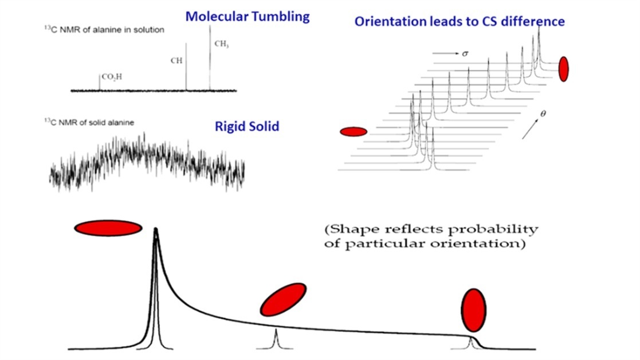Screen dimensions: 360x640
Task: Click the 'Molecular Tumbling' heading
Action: point(247,16)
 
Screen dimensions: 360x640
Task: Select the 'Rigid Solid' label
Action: point(247,126)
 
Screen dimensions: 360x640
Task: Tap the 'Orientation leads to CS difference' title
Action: point(460,22)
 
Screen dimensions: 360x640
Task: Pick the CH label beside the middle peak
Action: point(176,60)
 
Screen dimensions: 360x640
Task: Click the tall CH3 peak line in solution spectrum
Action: point(210,63)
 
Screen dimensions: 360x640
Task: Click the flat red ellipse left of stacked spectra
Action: point(353,132)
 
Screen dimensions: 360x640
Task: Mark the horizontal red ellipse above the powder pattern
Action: point(108,228)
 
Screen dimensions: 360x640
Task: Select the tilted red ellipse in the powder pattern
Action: point(283,299)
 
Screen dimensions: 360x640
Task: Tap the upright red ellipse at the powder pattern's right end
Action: point(473,310)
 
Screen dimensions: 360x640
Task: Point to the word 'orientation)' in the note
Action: point(488,244)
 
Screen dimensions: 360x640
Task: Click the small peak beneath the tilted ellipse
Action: point(276,339)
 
